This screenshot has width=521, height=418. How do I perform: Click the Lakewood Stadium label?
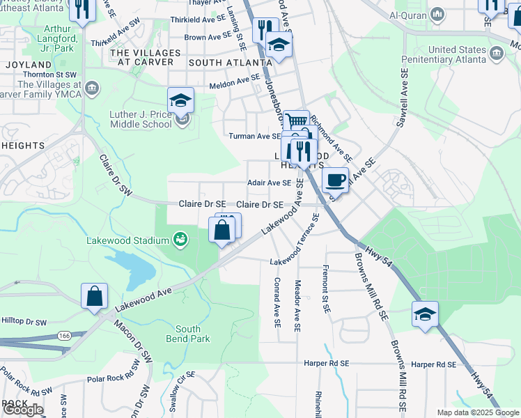pyautogui.click(x=127, y=240)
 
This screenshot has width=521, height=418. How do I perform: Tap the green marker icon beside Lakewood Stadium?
pyautogui.click(x=181, y=240)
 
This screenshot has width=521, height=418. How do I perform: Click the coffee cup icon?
pyautogui.click(x=336, y=179)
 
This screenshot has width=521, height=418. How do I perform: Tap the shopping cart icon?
pyautogui.click(x=297, y=122)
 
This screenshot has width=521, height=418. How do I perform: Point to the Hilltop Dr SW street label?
pyautogui.click(x=24, y=323)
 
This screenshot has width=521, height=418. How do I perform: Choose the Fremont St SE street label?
pyautogui.click(x=325, y=288)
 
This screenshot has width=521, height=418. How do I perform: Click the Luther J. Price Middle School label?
pyautogui.click(x=141, y=119)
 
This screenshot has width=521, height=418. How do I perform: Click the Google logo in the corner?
pyautogui.click(x=23, y=410)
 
